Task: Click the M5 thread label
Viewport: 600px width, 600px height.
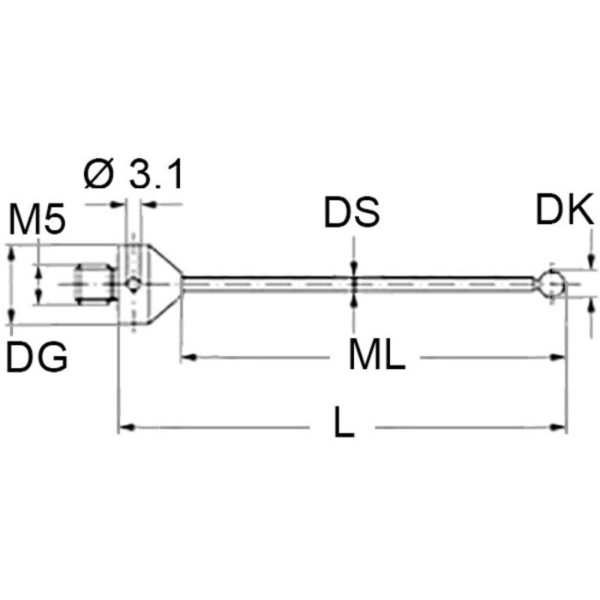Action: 37,219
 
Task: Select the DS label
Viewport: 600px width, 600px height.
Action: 352,212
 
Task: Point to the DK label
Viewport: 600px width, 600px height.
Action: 565,209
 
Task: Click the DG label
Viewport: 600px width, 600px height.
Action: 37,357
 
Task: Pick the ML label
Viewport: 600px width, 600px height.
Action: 376,355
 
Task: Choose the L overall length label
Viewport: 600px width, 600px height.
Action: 344,422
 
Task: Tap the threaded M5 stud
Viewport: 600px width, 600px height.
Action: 96,283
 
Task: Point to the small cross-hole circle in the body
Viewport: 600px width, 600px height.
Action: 133,284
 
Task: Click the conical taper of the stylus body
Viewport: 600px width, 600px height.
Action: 163,284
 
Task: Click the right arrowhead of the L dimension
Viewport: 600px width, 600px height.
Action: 558,427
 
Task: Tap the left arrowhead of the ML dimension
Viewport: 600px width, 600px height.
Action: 189,357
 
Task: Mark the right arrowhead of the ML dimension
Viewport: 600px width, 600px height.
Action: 557,357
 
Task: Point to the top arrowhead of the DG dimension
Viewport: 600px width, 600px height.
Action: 12,253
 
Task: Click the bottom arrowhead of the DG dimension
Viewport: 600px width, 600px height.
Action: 12,316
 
